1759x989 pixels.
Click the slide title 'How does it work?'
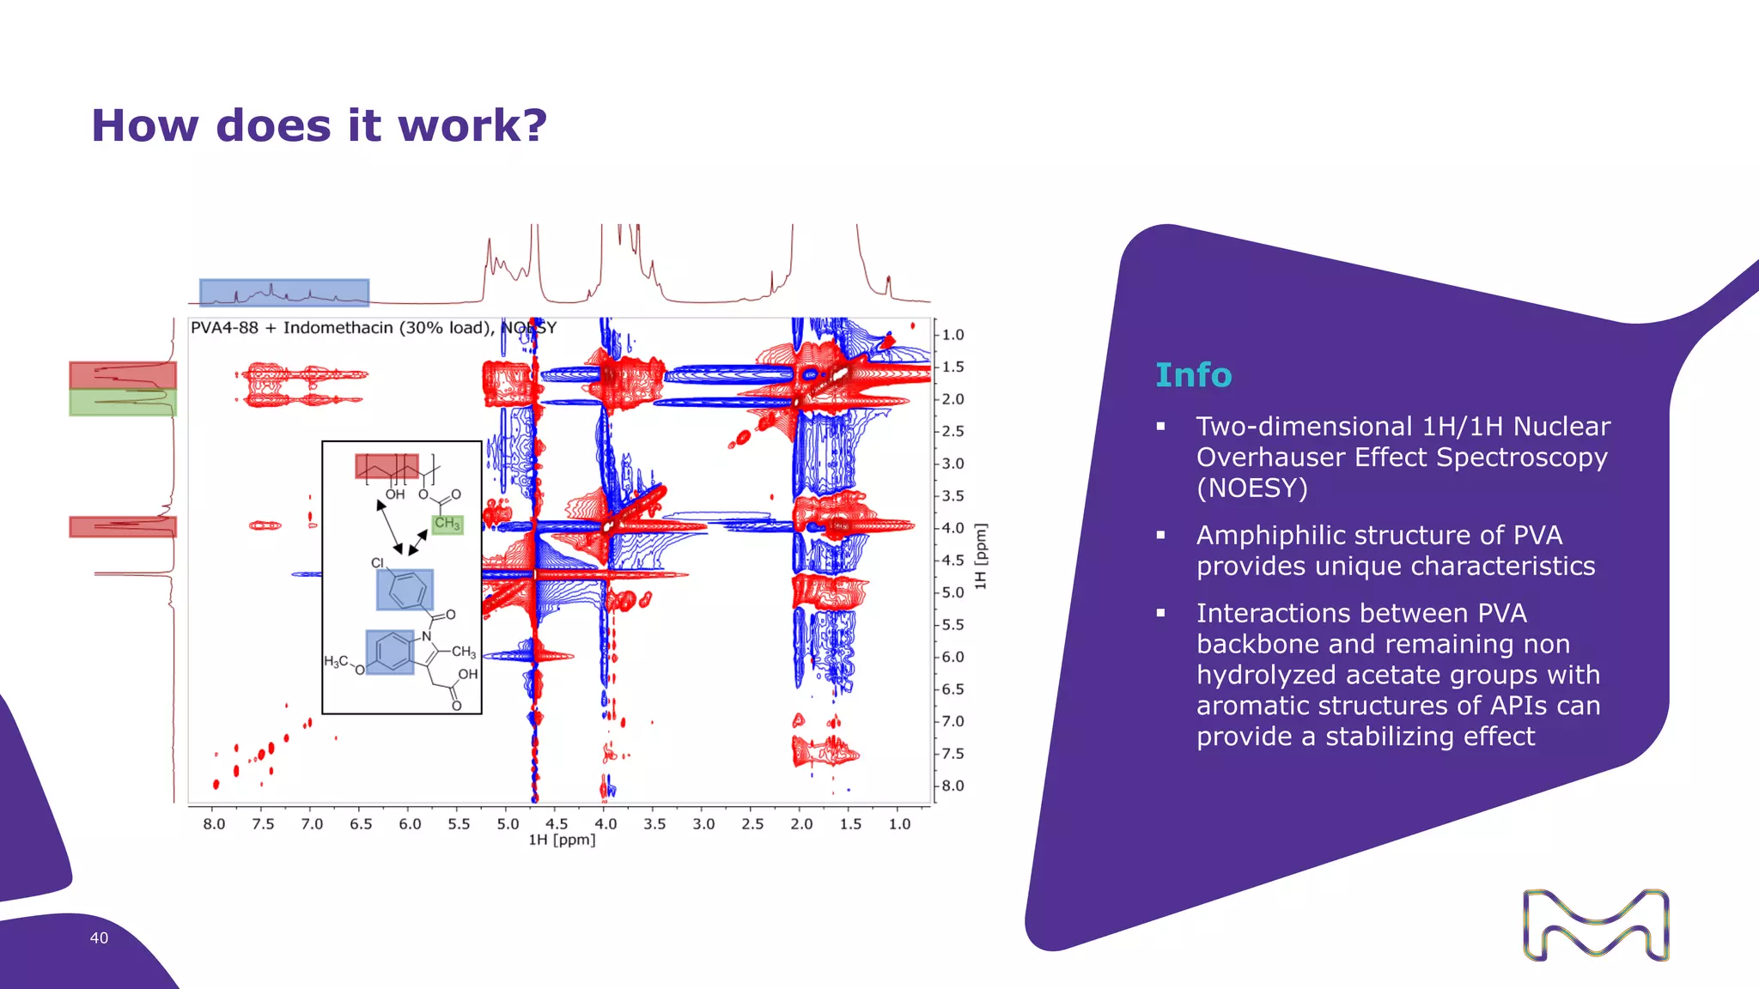point(319,126)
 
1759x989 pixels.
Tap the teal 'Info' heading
point(1193,375)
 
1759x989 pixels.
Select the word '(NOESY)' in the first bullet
point(1251,488)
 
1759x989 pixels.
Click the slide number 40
point(99,937)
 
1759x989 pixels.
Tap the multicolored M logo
point(1595,925)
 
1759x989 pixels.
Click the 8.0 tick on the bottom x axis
point(214,823)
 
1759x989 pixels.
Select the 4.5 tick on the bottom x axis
point(557,823)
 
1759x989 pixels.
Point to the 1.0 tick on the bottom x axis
point(899,823)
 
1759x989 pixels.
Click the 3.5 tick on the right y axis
point(953,495)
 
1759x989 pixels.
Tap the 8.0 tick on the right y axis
point(953,786)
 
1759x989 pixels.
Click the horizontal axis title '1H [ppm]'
point(562,840)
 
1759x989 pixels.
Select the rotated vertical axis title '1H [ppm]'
point(980,555)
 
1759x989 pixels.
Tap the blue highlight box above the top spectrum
point(284,292)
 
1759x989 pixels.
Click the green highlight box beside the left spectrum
point(123,403)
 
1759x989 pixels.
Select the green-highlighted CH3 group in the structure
point(447,523)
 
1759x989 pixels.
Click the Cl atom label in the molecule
point(377,563)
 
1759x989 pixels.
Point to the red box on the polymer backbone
point(386,466)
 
